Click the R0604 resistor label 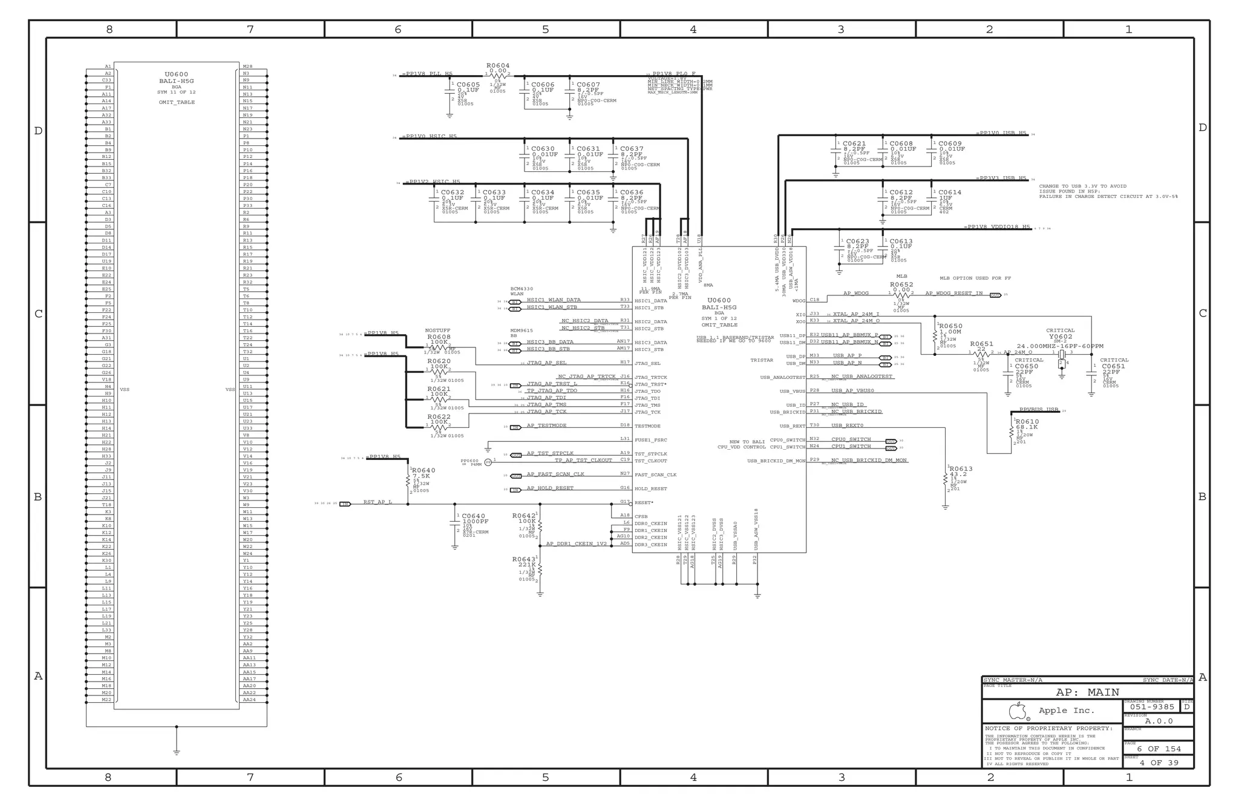(498, 65)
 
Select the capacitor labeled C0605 (468, 85)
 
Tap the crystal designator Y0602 (1060, 337)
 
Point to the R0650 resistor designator (950, 326)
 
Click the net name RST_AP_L (378, 502)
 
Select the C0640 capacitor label (473, 516)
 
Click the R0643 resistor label (523, 559)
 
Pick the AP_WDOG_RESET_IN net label (953, 294)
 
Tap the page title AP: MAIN (1087, 692)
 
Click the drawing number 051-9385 (1152, 707)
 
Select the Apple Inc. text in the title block (1066, 711)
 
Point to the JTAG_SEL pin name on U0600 (647, 364)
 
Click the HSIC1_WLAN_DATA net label (553, 300)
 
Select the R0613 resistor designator (961, 469)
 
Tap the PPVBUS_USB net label (1038, 410)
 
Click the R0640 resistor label (423, 470)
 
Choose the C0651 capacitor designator (1113, 366)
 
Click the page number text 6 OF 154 (1159, 749)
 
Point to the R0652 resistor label (901, 284)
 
